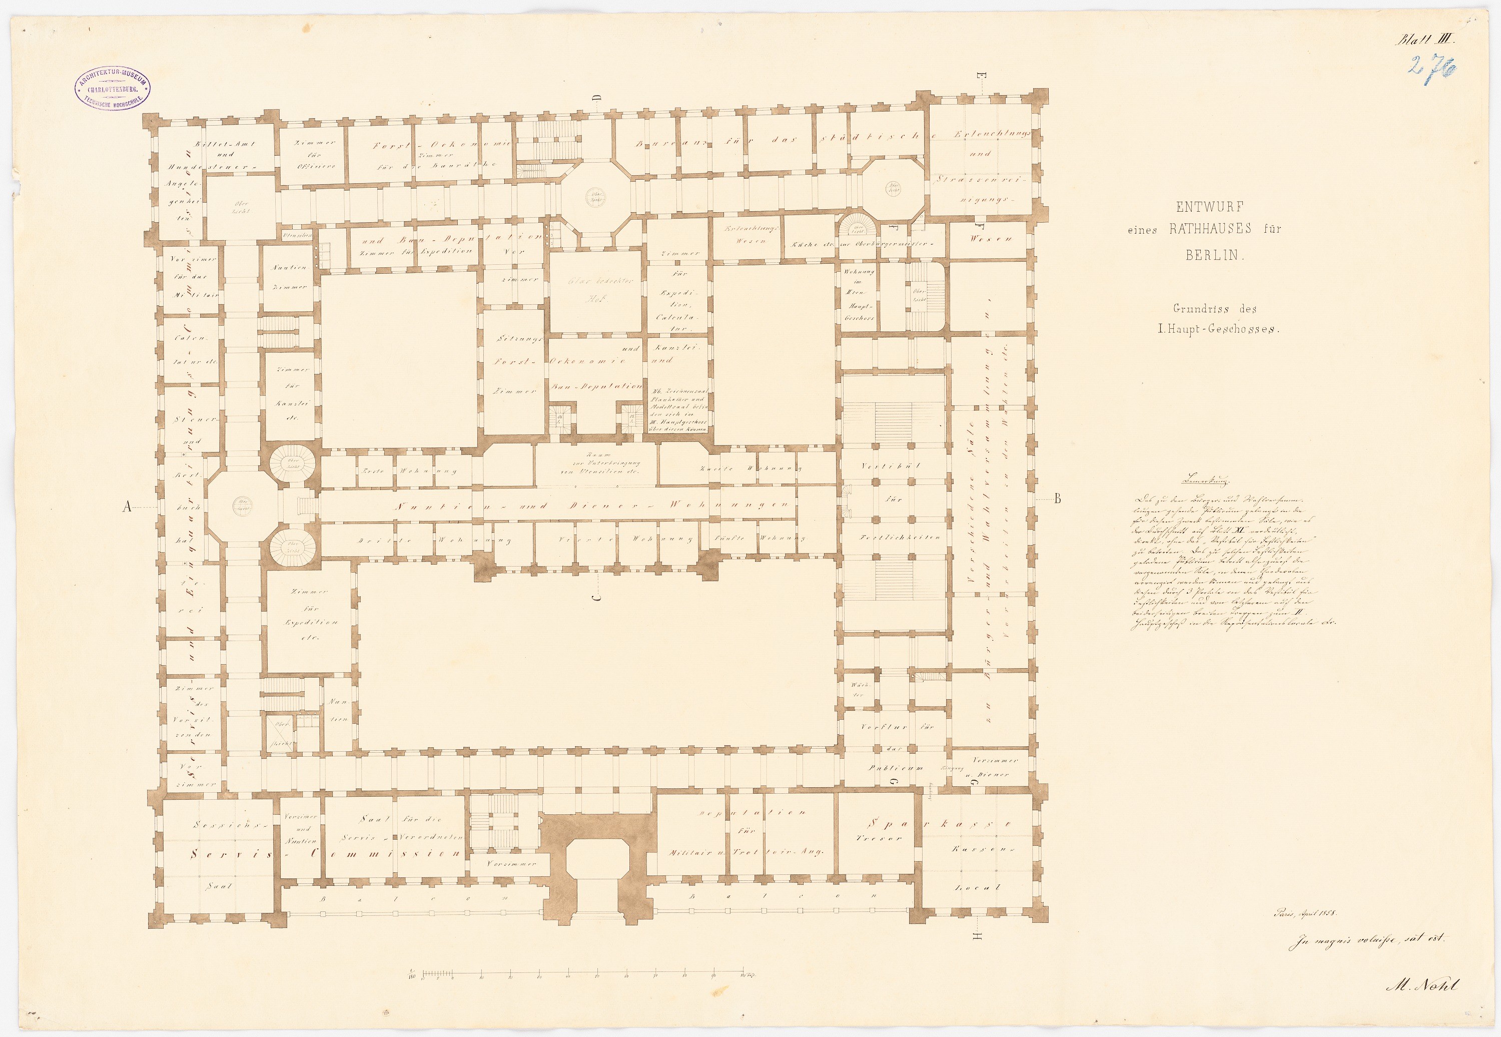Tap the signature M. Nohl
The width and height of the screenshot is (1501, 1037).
click(x=1420, y=985)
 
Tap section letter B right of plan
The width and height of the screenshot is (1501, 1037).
click(x=1057, y=499)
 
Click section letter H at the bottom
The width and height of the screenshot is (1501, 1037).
click(x=978, y=936)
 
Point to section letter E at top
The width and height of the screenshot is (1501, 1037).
click(x=982, y=79)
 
